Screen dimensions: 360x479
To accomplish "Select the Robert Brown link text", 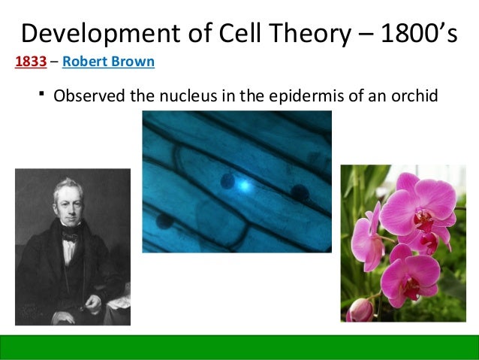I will click(x=109, y=62).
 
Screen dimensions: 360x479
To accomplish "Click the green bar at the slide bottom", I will click(x=239, y=346).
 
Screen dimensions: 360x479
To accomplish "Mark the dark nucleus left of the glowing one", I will click(x=227, y=180).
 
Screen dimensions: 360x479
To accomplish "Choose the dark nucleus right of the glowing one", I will click(x=300, y=192).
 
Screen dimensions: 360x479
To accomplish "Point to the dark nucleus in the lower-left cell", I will click(x=163, y=221).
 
